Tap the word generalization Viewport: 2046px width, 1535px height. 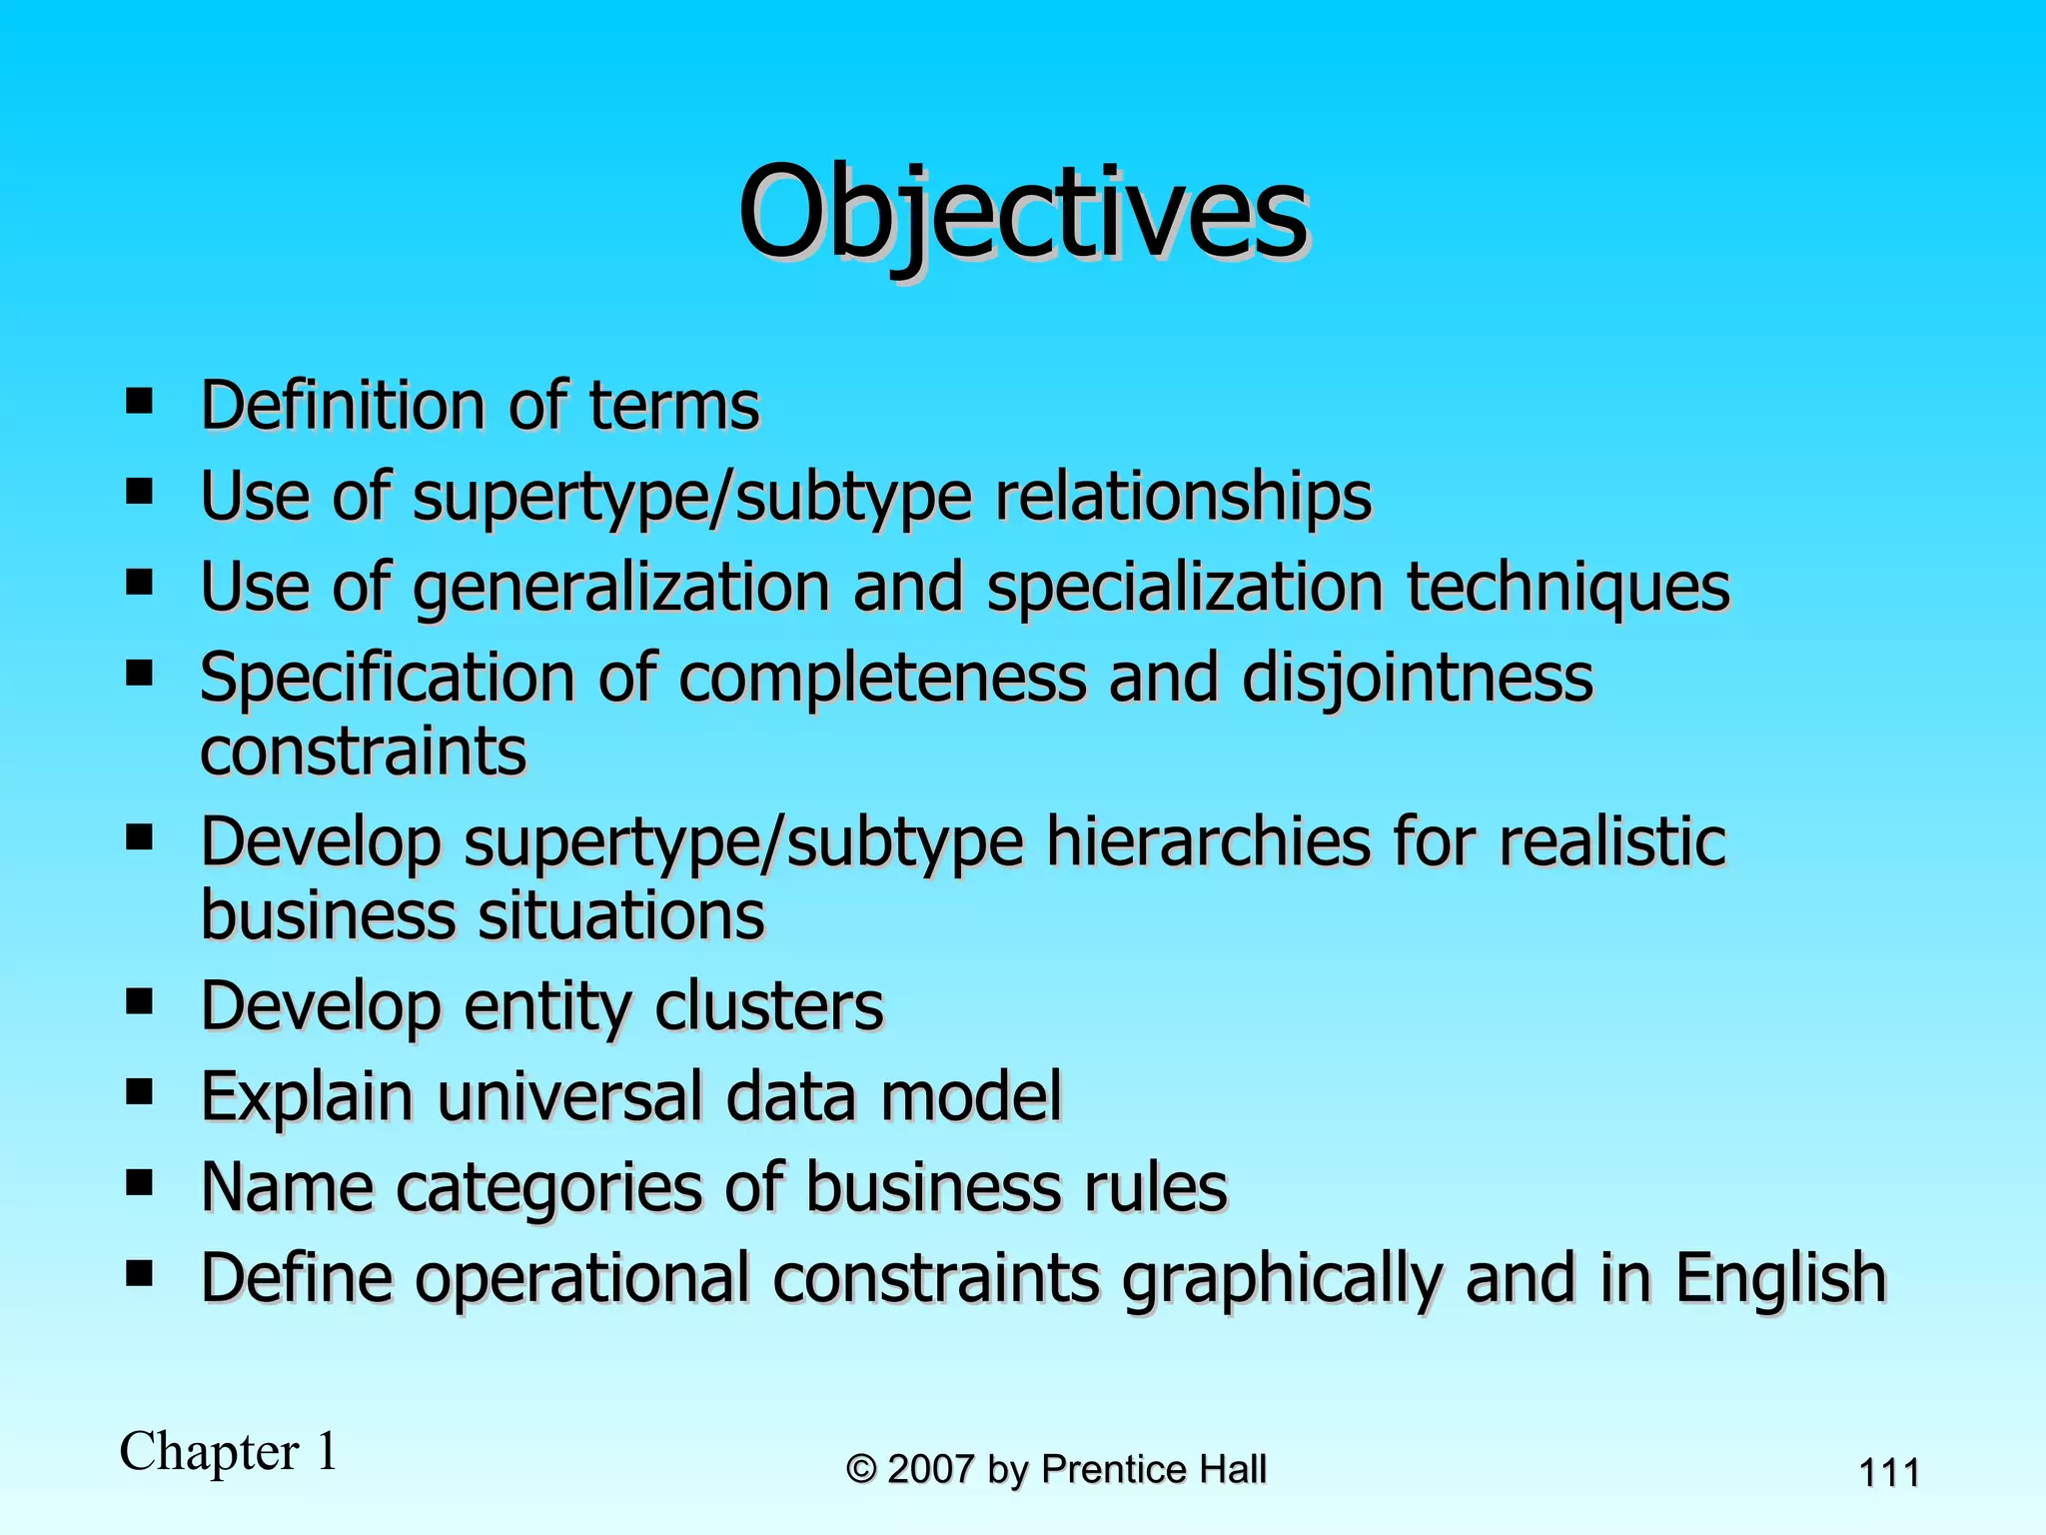(620, 588)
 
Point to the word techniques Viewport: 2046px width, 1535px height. (1568, 588)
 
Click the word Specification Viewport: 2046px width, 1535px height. (388, 679)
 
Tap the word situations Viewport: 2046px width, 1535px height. (619, 915)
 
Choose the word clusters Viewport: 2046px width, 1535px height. (768, 1006)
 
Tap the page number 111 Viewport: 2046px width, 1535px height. (1888, 1473)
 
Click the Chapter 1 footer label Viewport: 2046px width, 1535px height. (229, 1452)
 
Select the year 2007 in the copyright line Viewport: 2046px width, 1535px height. (930, 1470)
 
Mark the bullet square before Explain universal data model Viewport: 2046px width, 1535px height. (139, 1091)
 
